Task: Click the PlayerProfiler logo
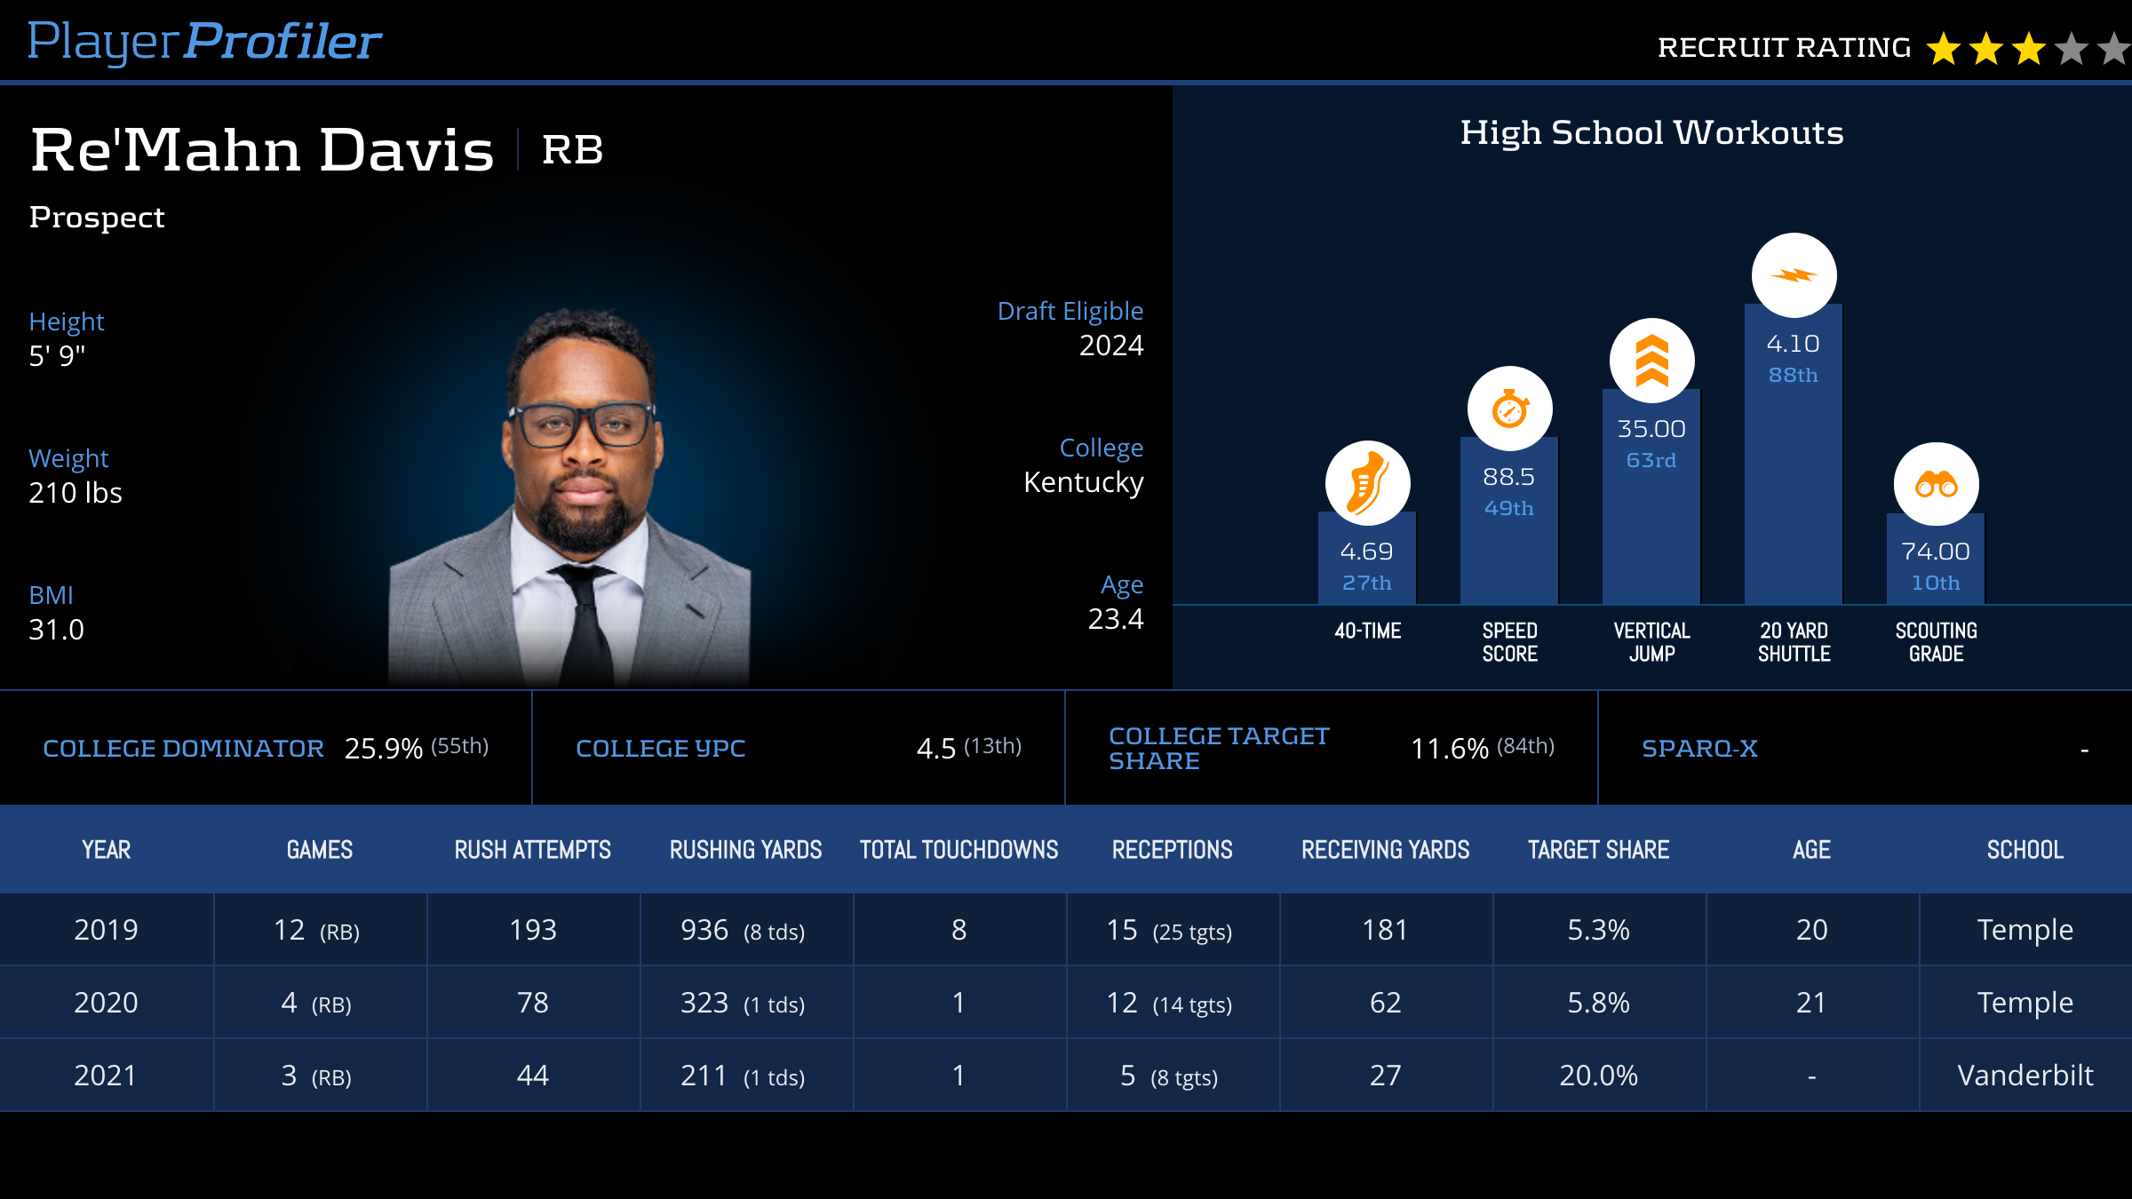[x=204, y=42]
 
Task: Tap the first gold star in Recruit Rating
[x=1943, y=49]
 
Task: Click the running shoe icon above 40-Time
[x=1367, y=483]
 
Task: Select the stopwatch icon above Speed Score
[x=1509, y=409]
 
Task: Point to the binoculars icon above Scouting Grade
[x=1936, y=485]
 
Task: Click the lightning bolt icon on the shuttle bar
[x=1794, y=275]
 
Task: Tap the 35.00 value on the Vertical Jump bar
[x=1651, y=429]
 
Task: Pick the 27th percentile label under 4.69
[x=1367, y=584]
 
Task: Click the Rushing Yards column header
[x=745, y=850]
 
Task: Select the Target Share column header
[x=1598, y=850]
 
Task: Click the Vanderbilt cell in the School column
[x=2025, y=1076]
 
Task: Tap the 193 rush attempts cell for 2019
[x=533, y=930]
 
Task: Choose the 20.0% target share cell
[x=1598, y=1076]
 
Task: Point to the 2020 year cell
[x=106, y=1003]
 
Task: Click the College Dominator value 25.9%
[x=383, y=749]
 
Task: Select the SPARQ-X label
[x=1699, y=749]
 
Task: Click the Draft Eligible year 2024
[x=1110, y=345]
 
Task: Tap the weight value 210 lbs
[x=76, y=493]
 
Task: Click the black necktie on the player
[x=586, y=622]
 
